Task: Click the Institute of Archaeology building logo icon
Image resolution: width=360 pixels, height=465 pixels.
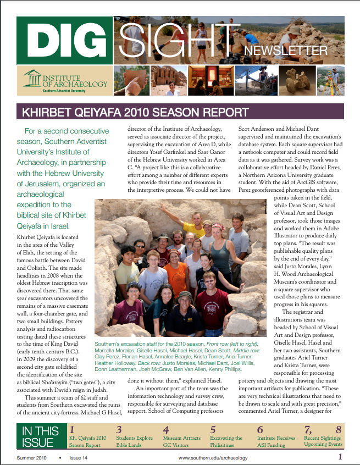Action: coord(32,79)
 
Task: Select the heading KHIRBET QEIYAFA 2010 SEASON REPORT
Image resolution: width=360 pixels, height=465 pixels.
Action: coord(135,113)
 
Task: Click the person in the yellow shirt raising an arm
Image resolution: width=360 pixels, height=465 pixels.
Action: coord(193,225)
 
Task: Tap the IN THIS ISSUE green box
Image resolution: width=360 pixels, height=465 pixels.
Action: coord(40,437)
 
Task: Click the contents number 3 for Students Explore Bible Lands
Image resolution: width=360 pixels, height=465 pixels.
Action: coord(119,429)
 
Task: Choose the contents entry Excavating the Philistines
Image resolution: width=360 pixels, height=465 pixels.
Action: coord(226,441)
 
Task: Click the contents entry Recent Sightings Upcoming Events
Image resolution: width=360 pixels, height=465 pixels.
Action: coord(323,441)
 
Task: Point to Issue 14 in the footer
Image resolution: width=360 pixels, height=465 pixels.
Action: coord(79,458)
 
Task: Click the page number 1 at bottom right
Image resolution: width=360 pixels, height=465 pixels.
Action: coord(341,457)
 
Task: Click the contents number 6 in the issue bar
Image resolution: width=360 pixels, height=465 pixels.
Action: coord(260,429)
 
